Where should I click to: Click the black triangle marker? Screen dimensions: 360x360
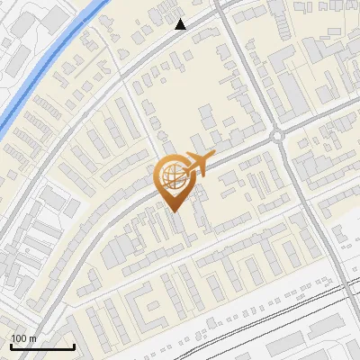(181, 24)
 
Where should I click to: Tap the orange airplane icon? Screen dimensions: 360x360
(197, 164)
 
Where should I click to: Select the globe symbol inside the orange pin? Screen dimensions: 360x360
(171, 174)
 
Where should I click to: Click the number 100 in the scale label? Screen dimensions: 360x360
(19, 338)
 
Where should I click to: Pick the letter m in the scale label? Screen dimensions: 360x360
(33, 338)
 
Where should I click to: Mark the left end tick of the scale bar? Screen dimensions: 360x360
(11, 346)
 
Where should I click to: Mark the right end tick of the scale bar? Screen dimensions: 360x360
(74, 346)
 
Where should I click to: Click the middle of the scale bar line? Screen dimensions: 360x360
(42, 347)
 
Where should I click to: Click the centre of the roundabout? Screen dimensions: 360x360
(276, 137)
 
